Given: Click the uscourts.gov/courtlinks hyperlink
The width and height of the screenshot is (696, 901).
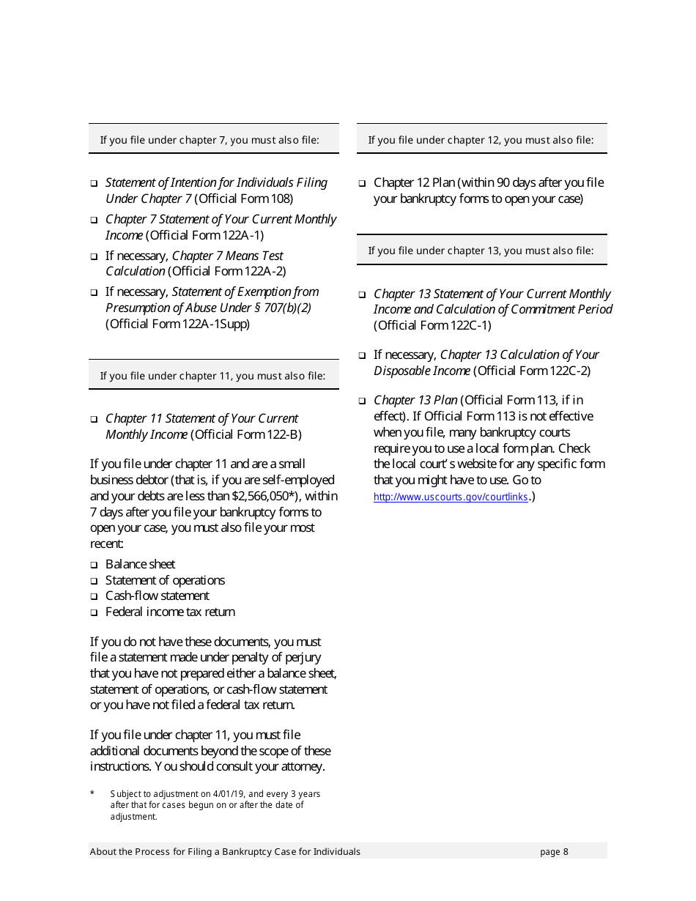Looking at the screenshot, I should point(451,497).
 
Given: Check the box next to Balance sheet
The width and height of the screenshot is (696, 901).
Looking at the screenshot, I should point(94,565).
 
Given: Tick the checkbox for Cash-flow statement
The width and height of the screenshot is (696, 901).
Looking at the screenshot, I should point(94,597).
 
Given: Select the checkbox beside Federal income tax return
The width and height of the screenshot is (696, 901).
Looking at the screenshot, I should point(94,612).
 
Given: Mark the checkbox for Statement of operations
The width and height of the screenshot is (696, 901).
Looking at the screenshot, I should point(94,581).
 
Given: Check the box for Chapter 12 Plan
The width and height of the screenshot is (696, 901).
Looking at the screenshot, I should point(362,183).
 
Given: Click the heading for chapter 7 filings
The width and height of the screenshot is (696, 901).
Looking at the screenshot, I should point(210,140).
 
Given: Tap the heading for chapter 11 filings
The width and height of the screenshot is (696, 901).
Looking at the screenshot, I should point(212,376).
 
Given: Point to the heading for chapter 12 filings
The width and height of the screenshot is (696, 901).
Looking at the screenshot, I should point(481,140).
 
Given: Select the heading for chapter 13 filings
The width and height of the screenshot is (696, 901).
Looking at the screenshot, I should point(481,251).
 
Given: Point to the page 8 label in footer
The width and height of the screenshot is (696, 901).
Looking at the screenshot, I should point(554,851).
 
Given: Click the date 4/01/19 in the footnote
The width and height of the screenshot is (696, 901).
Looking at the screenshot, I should point(229,794).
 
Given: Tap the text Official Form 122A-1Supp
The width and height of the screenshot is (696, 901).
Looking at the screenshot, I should point(178,324).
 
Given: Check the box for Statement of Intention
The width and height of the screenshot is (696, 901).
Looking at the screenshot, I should point(94,183).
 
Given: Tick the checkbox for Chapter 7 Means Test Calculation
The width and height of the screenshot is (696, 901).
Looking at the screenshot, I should point(94,256).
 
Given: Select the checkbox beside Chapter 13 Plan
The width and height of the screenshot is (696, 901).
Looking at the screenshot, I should point(362,401).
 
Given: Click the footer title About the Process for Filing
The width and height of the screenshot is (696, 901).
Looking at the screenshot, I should point(225,851).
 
